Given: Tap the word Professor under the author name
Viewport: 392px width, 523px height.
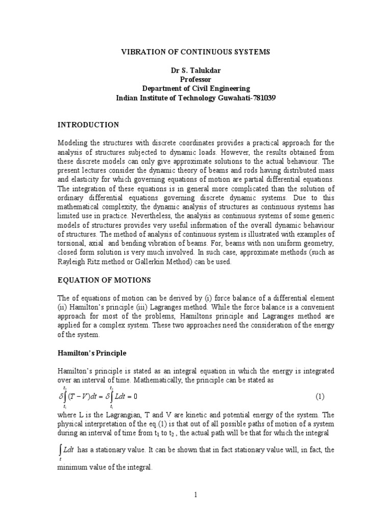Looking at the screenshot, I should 195,80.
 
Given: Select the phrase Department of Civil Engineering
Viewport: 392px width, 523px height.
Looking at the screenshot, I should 195,88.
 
